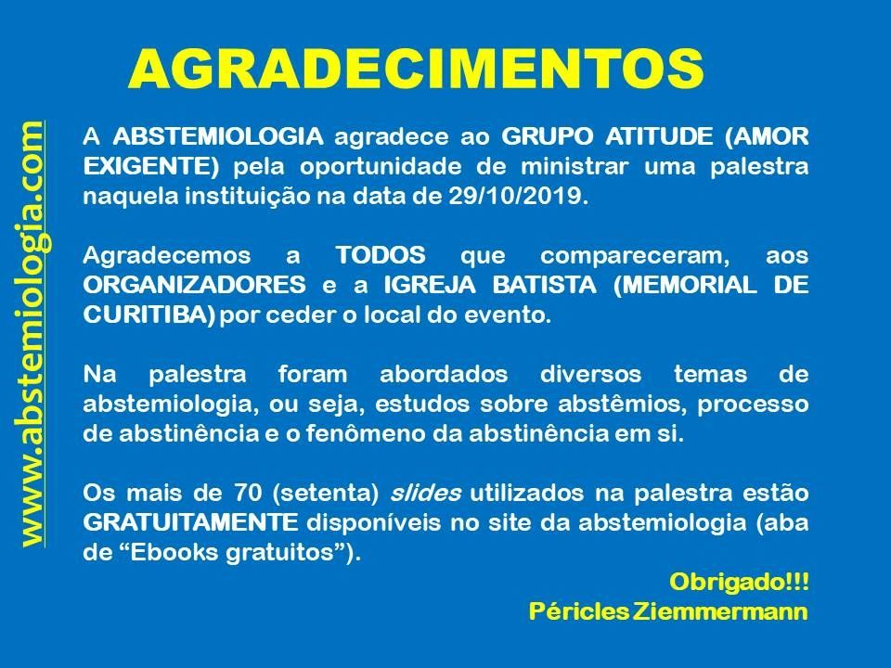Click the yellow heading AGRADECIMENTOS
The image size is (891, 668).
coord(416,70)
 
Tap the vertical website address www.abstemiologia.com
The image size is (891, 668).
coord(33,334)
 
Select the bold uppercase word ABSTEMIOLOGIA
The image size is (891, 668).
coord(218,136)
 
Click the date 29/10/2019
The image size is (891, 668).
coord(515,196)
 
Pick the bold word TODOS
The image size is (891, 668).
coord(381,255)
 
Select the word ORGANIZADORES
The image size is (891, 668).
coord(194,285)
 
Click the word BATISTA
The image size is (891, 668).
coord(545,285)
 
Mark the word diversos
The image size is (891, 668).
coord(590,374)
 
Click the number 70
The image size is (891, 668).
coord(247,493)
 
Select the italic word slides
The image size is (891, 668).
coord(425,493)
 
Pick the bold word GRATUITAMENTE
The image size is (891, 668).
coord(191,522)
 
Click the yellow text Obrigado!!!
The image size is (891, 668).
coord(739,582)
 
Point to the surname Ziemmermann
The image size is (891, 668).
coord(720,611)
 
